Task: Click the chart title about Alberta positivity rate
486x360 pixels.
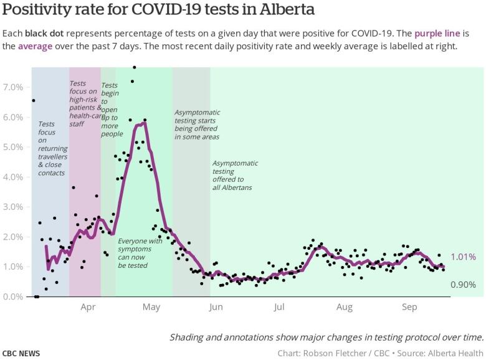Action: click(159, 10)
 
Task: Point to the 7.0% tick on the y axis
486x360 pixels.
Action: click(13, 87)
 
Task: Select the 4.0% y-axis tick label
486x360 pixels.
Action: click(13, 177)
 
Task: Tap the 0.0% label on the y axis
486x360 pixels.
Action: click(13, 296)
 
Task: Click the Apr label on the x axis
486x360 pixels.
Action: click(88, 307)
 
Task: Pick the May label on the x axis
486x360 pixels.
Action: click(151, 307)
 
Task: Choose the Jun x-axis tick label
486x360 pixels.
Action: click(216, 307)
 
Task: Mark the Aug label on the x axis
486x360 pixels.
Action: click(344, 307)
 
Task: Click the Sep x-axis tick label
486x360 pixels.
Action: click(409, 307)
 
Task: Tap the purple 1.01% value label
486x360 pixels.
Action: click(464, 257)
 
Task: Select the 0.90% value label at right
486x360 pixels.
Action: click(464, 285)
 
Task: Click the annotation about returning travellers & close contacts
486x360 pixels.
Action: click(51, 148)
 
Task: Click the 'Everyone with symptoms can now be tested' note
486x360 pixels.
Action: click(140, 253)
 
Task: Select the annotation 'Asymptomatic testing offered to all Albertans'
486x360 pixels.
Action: click(236, 175)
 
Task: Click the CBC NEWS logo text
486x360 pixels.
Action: click(21, 353)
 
